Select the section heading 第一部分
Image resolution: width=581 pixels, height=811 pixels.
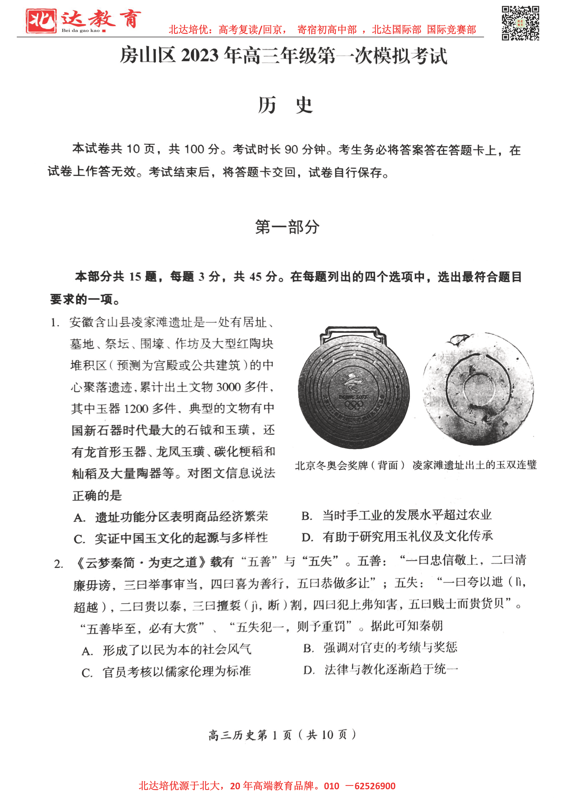287,227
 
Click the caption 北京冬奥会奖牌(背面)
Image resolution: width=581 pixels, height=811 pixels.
350,465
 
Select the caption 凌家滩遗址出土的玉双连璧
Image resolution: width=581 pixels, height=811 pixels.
475,465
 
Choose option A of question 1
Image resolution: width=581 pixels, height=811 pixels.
171,517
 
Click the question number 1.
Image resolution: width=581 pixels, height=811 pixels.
55,323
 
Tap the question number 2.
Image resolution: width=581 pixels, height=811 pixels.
59,564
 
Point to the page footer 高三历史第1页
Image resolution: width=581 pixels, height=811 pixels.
282,732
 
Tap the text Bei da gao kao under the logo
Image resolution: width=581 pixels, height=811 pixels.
81,30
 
